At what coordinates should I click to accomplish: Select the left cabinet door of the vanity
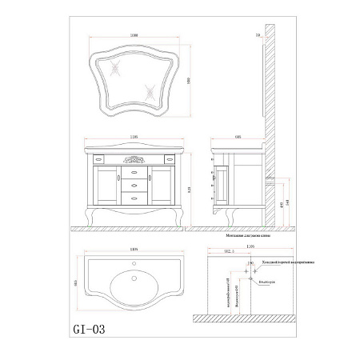click(x=108, y=186)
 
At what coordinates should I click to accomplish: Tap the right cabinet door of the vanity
click(x=161, y=186)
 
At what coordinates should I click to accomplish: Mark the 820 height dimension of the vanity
click(x=190, y=189)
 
